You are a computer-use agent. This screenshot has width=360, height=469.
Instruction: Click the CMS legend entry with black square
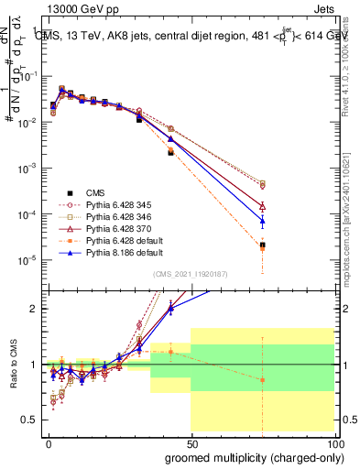pyautogui.click(x=96, y=192)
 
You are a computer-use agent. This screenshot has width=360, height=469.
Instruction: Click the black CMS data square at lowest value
pyautogui.click(x=263, y=245)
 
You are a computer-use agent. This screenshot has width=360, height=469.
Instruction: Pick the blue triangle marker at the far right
pyautogui.click(x=263, y=221)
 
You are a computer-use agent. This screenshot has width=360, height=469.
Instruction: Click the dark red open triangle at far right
pyautogui.click(x=263, y=207)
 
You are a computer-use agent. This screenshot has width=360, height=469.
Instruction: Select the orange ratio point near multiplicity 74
pyautogui.click(x=263, y=379)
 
